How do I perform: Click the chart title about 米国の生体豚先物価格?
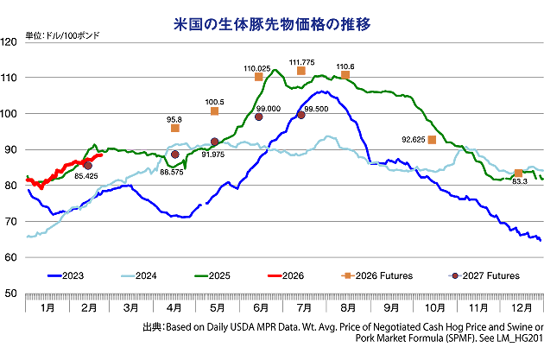pyautogui.click(x=272, y=23)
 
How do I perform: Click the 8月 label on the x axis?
pyautogui.click(x=348, y=306)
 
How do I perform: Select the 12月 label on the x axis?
pyautogui.click(x=522, y=306)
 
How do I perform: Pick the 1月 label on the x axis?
pyautogui.click(x=47, y=306)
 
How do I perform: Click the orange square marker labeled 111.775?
pyautogui.click(x=301, y=71)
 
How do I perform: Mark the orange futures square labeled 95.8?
pyautogui.click(x=175, y=128)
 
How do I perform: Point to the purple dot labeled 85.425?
pyautogui.click(x=87, y=165)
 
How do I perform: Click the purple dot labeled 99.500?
pyautogui.click(x=301, y=115)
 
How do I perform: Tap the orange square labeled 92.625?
pyautogui.click(x=432, y=140)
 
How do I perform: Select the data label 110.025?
pyautogui.click(x=257, y=67)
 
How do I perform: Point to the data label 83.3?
pyautogui.click(x=520, y=181)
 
